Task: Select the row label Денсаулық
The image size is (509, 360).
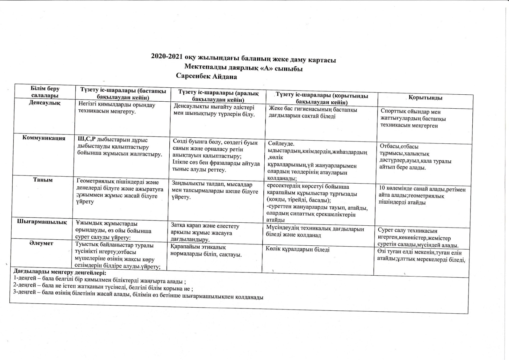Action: [44, 103]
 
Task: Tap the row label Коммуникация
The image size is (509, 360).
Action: [44, 138]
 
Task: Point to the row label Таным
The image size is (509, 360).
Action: [43, 180]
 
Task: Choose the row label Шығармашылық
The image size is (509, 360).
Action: [42, 222]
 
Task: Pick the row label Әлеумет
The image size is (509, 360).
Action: [41, 243]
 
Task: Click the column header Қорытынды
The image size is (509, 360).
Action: [425, 98]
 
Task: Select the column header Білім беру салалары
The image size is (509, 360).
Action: [45, 92]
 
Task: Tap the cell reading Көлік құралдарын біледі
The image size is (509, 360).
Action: [298, 250]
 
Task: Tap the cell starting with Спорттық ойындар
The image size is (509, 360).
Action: [413, 118]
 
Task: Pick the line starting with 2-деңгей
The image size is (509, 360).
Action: [103, 286]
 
